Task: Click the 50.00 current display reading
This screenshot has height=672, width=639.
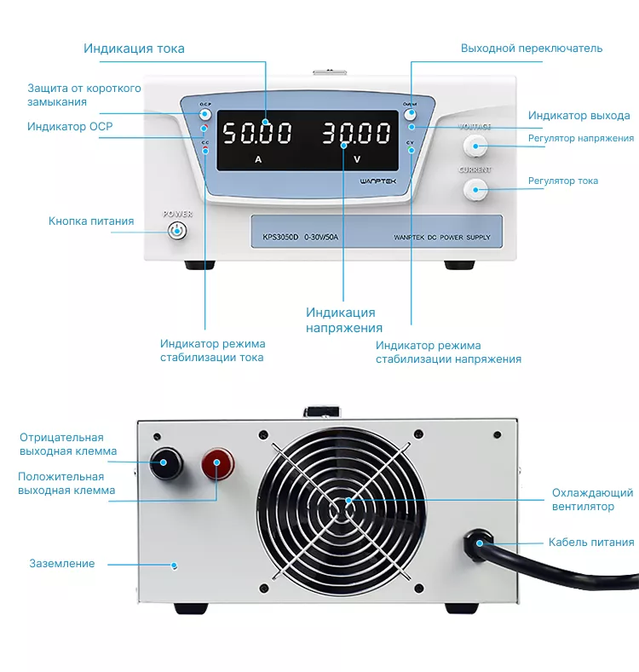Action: (x=256, y=134)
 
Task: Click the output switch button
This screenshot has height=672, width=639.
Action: (x=411, y=114)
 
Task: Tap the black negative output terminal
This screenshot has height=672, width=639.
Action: (x=165, y=463)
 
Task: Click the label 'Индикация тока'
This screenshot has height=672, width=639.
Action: (x=134, y=48)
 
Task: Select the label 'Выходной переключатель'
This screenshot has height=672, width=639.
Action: (x=532, y=48)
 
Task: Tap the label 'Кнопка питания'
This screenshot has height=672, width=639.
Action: (x=91, y=221)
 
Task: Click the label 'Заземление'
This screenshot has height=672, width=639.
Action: (x=62, y=563)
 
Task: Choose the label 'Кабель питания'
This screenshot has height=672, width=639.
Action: (x=591, y=542)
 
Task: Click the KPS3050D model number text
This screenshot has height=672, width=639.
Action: (x=281, y=238)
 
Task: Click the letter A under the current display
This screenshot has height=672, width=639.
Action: (x=258, y=160)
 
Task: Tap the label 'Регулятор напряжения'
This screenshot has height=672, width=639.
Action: (x=581, y=138)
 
